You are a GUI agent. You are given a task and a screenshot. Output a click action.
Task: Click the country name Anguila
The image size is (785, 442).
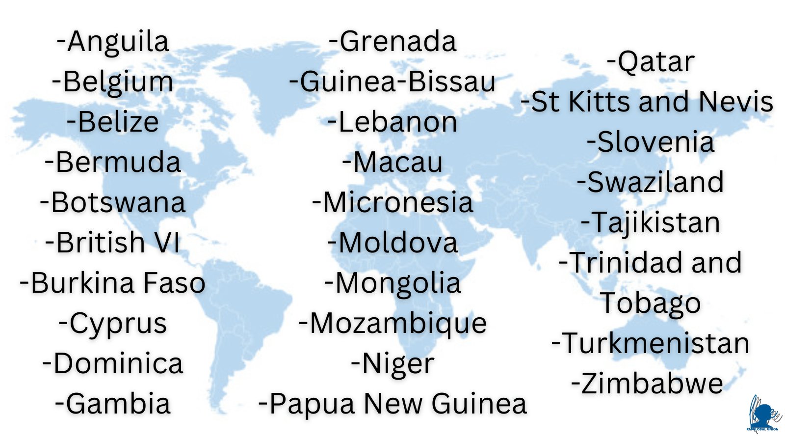[113, 41]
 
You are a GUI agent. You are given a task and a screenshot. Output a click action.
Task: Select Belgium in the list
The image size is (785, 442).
[113, 82]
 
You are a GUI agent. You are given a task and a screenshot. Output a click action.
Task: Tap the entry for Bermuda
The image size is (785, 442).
[113, 162]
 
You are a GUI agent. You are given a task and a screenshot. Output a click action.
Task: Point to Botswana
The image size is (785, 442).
[113, 202]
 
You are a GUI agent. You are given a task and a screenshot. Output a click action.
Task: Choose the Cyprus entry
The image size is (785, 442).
[113, 324]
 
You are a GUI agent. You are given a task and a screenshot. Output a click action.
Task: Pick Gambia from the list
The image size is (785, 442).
[113, 404]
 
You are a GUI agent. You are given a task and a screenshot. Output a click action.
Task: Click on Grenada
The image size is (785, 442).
[392, 41]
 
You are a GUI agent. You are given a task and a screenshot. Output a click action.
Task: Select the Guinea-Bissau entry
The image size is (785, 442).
[392, 82]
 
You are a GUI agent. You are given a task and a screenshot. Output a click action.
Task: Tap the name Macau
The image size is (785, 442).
[392, 162]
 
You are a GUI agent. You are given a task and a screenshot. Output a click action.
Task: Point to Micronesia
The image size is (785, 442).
[392, 202]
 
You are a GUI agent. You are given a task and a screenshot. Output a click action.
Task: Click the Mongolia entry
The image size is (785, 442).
[392, 284]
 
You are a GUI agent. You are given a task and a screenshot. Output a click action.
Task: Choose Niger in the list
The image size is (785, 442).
[392, 364]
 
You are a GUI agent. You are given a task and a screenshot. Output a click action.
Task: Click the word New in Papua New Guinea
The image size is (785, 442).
[392, 404]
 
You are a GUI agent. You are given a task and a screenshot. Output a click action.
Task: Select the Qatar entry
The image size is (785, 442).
[651, 62]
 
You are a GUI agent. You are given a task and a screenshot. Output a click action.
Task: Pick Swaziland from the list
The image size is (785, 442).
[651, 182]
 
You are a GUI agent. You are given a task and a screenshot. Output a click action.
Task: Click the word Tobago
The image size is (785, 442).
[651, 303]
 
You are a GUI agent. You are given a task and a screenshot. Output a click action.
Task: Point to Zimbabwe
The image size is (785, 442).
[648, 384]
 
